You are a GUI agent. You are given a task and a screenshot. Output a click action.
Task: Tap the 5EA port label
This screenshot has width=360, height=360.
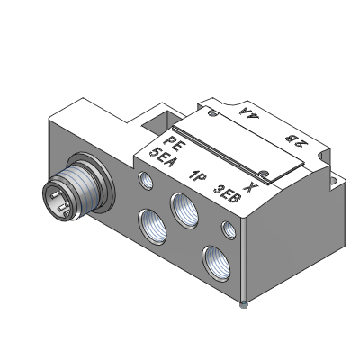click(x=162, y=157)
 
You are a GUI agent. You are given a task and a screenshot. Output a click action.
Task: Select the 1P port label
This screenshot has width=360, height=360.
click(x=197, y=176)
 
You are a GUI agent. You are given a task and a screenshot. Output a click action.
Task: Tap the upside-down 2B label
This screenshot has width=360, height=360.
click(x=296, y=139)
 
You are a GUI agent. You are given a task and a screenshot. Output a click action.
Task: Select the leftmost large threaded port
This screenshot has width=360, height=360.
click(x=152, y=227)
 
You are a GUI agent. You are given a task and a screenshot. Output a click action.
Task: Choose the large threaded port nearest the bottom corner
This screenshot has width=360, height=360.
click(x=217, y=264)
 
